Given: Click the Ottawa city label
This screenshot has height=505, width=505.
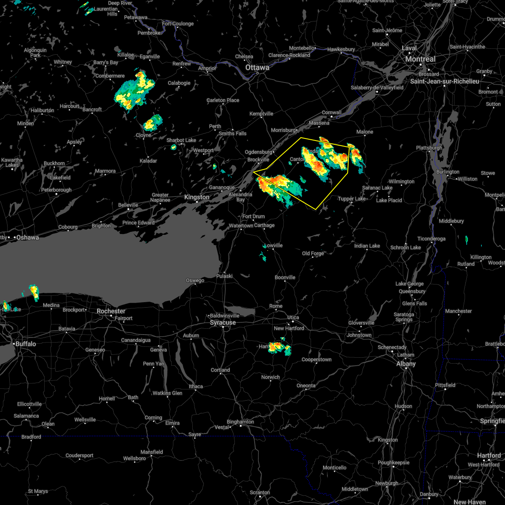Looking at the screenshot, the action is pyautogui.click(x=257, y=67).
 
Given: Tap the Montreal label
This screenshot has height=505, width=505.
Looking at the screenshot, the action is pyautogui.click(x=420, y=59).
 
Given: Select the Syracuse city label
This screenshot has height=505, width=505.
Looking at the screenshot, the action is pyautogui.click(x=223, y=323).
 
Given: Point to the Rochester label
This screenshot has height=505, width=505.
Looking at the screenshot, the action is pyautogui.click(x=111, y=311).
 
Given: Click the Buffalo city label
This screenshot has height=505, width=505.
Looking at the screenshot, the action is pyautogui.click(x=26, y=344).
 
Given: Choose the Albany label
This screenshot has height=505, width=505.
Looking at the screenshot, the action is pyautogui.click(x=406, y=364).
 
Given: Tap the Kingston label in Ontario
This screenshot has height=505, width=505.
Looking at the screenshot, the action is pyautogui.click(x=197, y=197).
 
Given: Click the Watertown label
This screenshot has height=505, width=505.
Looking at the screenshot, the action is pyautogui.click(x=241, y=226).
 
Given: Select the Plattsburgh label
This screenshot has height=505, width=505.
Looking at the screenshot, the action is pyautogui.click(x=429, y=148).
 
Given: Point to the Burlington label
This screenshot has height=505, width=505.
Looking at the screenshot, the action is pyautogui.click(x=448, y=172).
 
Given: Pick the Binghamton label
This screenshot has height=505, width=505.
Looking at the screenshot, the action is pyautogui.click(x=240, y=422).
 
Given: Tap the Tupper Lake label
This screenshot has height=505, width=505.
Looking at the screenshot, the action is pyautogui.click(x=352, y=199).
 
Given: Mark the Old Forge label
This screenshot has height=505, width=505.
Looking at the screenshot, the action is pyautogui.click(x=313, y=253).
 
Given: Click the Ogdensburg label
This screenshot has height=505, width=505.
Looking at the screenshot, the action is pyautogui.click(x=258, y=152).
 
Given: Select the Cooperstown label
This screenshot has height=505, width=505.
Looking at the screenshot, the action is pyautogui.click(x=316, y=360).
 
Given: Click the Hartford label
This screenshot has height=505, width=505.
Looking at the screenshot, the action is pyautogui.click(x=489, y=455).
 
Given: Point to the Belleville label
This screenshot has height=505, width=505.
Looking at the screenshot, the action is pyautogui.click(x=128, y=205).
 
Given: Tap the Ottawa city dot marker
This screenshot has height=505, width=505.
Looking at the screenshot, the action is pyautogui.click(x=258, y=73).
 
